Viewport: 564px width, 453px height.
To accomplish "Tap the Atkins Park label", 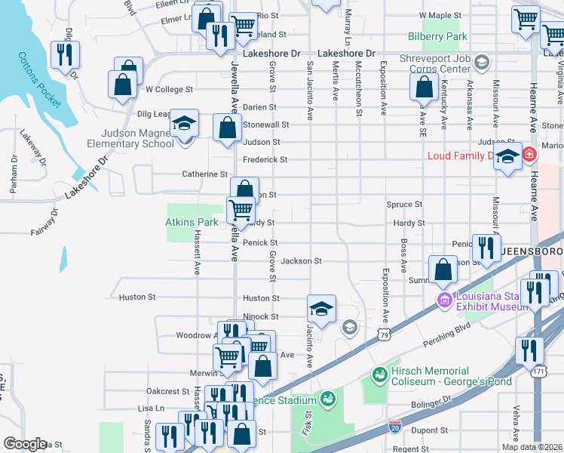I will (x=192, y=222).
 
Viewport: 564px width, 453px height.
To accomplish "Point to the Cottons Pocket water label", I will (x=39, y=79).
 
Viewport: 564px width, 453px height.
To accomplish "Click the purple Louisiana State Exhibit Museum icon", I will (x=445, y=301).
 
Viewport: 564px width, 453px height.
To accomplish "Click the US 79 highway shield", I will (x=385, y=334).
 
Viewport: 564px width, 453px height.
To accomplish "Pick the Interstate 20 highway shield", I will (x=395, y=426).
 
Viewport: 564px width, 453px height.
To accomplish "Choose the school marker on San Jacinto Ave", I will (x=321, y=310).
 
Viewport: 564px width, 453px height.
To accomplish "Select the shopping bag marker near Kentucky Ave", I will (x=425, y=87).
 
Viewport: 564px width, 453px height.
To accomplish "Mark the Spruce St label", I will (x=404, y=205).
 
